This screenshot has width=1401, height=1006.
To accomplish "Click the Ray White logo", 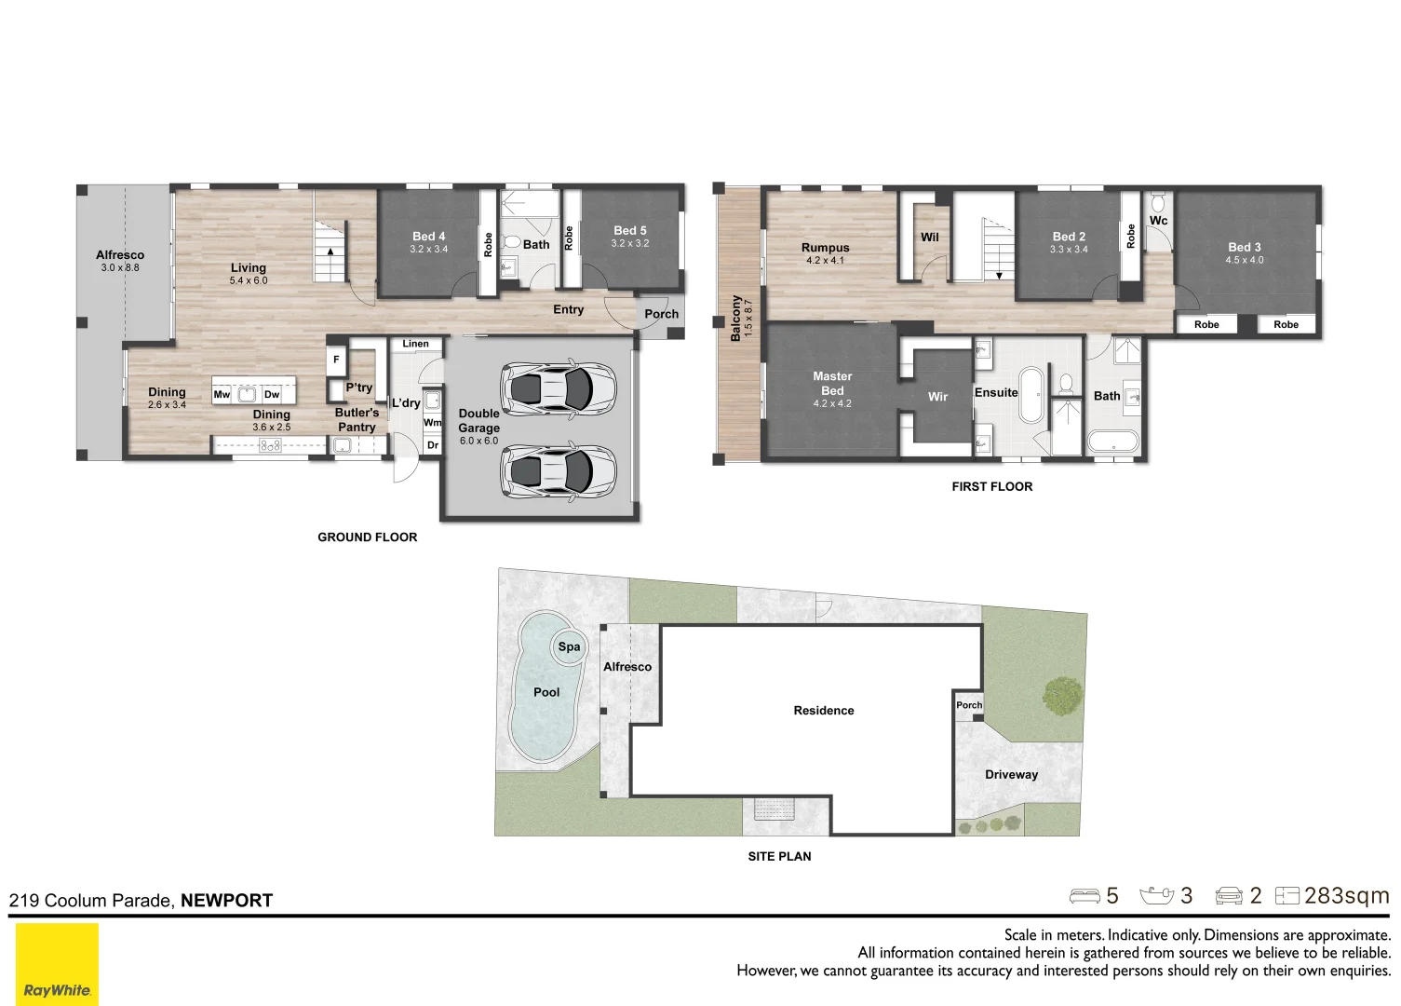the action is point(57,963).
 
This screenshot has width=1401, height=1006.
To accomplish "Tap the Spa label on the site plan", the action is point(569,646).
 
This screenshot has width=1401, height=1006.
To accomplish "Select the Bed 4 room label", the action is point(428,236).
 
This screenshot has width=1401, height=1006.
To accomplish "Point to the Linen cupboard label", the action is point(416,344).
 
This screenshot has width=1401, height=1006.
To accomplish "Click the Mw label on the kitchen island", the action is point(222,394).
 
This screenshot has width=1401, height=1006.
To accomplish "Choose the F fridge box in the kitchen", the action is point(336,360).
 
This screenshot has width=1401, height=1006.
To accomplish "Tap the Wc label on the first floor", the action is point(1158,221).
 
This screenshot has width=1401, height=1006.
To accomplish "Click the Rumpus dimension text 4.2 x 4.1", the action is point(825,261).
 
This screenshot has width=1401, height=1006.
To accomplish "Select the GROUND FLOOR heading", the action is point(367,537).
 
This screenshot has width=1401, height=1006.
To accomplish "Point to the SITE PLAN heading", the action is point(779,856).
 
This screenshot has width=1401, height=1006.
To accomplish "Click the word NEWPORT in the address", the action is point(227,900).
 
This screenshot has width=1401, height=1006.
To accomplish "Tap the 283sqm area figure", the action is point(1347,896).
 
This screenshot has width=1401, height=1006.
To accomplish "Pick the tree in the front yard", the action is point(1063,696).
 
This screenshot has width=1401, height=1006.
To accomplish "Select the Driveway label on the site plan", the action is point(1011,774).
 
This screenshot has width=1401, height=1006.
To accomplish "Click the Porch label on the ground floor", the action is point(661,314).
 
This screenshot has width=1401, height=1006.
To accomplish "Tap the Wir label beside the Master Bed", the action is point(937,396).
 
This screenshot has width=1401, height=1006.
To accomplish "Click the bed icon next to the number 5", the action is point(1084,896).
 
